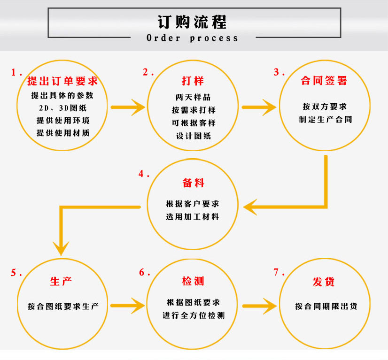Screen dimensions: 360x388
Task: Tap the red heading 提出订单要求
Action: pyautogui.click(x=62, y=81)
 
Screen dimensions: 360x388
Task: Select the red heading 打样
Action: pyautogui.click(x=193, y=81)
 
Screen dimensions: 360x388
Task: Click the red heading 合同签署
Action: pyautogui.click(x=324, y=81)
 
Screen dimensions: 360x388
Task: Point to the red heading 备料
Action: pyautogui.click(x=193, y=183)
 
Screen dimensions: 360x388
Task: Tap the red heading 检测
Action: pyautogui.click(x=193, y=282)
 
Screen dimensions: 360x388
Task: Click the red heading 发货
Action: pyautogui.click(x=324, y=282)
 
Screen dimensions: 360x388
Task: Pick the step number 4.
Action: pyautogui.click(x=143, y=174)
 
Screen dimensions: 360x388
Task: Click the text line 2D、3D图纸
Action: pyautogui.click(x=63, y=107)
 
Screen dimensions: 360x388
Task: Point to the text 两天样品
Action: pyautogui.click(x=193, y=98)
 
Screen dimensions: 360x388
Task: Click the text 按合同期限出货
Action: pyautogui.click(x=326, y=306)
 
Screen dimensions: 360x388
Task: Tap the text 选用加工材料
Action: pyautogui.click(x=193, y=217)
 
